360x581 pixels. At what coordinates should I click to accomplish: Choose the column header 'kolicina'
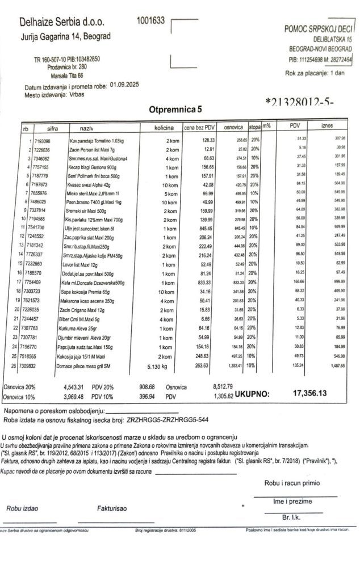pyautogui.click(x=164, y=129)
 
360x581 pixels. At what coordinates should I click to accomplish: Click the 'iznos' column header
pyautogui.click(x=327, y=125)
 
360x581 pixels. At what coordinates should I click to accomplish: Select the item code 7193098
pyautogui.click(x=43, y=140)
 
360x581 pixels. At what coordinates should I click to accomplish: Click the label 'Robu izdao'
pyautogui.click(x=22, y=508)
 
